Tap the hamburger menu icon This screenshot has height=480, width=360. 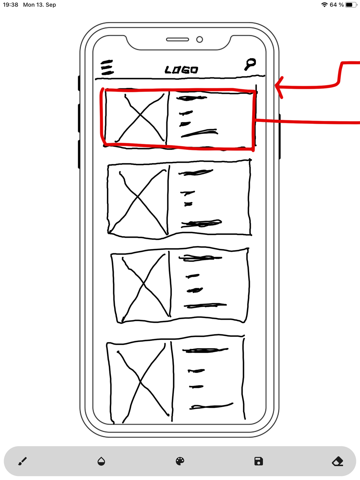pos(107,67)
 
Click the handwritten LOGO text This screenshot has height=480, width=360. pos(181,70)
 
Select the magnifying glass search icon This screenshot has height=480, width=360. pos(250,64)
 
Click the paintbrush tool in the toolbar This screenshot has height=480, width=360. pos(23,461)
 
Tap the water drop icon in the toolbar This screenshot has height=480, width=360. pos(101,461)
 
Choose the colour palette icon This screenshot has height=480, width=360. pos(180,461)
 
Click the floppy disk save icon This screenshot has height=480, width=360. pos(259,461)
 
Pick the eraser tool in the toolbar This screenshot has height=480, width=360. pos(337,461)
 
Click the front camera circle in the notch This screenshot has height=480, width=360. pos(199,40)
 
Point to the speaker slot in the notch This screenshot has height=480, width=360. pos(177,40)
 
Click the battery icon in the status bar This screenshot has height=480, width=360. pos(351,5)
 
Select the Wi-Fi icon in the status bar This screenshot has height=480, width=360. pos(324,5)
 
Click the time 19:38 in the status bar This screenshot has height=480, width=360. pos(10,5)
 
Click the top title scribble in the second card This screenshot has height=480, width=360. pos(196,173)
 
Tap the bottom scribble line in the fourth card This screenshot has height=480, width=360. pos(211,406)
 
